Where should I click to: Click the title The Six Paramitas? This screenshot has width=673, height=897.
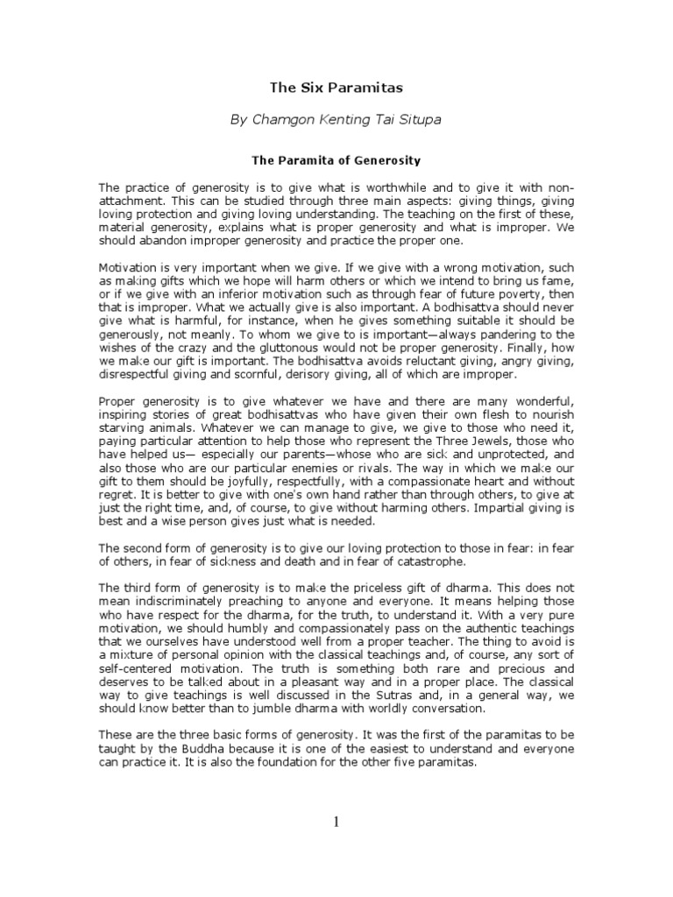coord(336,88)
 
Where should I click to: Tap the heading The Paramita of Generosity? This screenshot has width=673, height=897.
coord(336,160)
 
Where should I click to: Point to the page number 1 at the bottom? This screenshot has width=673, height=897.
coord(336,821)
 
